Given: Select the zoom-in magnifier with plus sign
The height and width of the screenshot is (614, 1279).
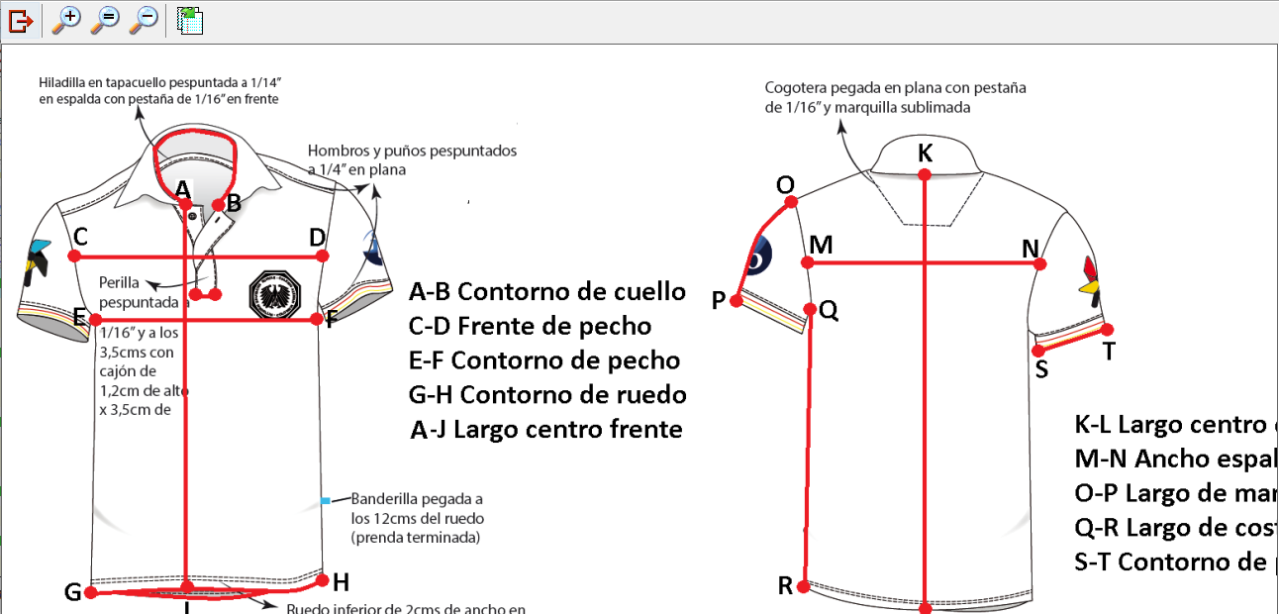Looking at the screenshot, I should [x=66, y=19].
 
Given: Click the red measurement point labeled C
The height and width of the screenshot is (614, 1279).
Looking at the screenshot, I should [x=74, y=256].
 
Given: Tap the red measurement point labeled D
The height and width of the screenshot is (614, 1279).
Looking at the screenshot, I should [x=324, y=256].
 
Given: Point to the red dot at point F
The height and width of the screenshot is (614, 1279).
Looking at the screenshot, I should [x=317, y=319].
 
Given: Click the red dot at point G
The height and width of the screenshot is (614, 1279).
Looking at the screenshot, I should [x=91, y=593].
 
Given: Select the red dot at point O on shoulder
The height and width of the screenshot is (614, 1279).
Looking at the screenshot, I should [x=791, y=202].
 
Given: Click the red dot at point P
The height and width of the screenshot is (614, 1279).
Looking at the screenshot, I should [x=736, y=302].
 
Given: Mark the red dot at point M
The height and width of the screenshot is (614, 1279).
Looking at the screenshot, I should [x=808, y=262].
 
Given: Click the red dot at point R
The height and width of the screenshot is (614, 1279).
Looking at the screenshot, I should [x=803, y=586].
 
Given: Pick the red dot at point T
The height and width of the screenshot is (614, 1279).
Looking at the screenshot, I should [x=1108, y=330].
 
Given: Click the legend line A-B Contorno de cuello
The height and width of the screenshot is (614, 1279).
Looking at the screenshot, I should [x=546, y=292].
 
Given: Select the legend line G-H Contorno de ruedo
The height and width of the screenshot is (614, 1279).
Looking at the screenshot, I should [x=546, y=395].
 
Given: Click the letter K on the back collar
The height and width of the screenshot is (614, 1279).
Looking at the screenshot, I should [x=925, y=153].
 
